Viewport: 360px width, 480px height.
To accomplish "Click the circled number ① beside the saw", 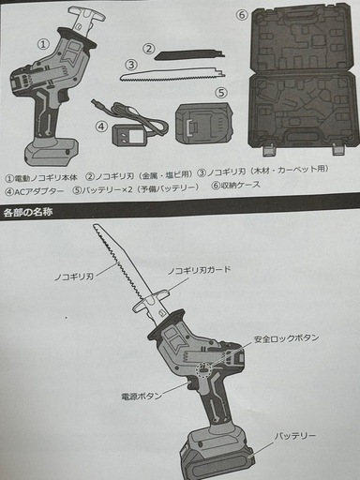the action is [43, 44].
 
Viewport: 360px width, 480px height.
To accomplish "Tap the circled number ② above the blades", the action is [149, 49].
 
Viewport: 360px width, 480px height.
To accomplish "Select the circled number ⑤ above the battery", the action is [221, 93].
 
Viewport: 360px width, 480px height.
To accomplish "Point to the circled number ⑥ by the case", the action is [242, 15].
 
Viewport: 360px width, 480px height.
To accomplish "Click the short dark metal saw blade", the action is [190, 56].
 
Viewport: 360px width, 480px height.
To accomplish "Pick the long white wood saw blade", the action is [172, 75].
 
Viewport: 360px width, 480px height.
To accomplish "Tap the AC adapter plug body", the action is [127, 136].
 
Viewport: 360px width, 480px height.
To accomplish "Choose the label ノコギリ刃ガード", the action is [199, 271].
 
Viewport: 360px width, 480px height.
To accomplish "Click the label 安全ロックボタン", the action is [286, 338].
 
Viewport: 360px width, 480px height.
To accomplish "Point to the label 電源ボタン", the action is [142, 397].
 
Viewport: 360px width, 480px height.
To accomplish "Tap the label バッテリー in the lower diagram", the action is [295, 436].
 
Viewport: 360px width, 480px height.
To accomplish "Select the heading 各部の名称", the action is [28, 212].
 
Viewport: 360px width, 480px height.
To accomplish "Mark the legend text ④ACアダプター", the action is [35, 191].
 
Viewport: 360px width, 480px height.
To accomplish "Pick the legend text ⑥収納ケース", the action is [236, 186].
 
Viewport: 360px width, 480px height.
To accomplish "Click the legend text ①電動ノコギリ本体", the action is [41, 178].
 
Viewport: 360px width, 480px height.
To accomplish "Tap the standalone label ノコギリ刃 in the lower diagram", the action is [74, 277].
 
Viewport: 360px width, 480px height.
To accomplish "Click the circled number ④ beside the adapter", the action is [101, 127].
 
